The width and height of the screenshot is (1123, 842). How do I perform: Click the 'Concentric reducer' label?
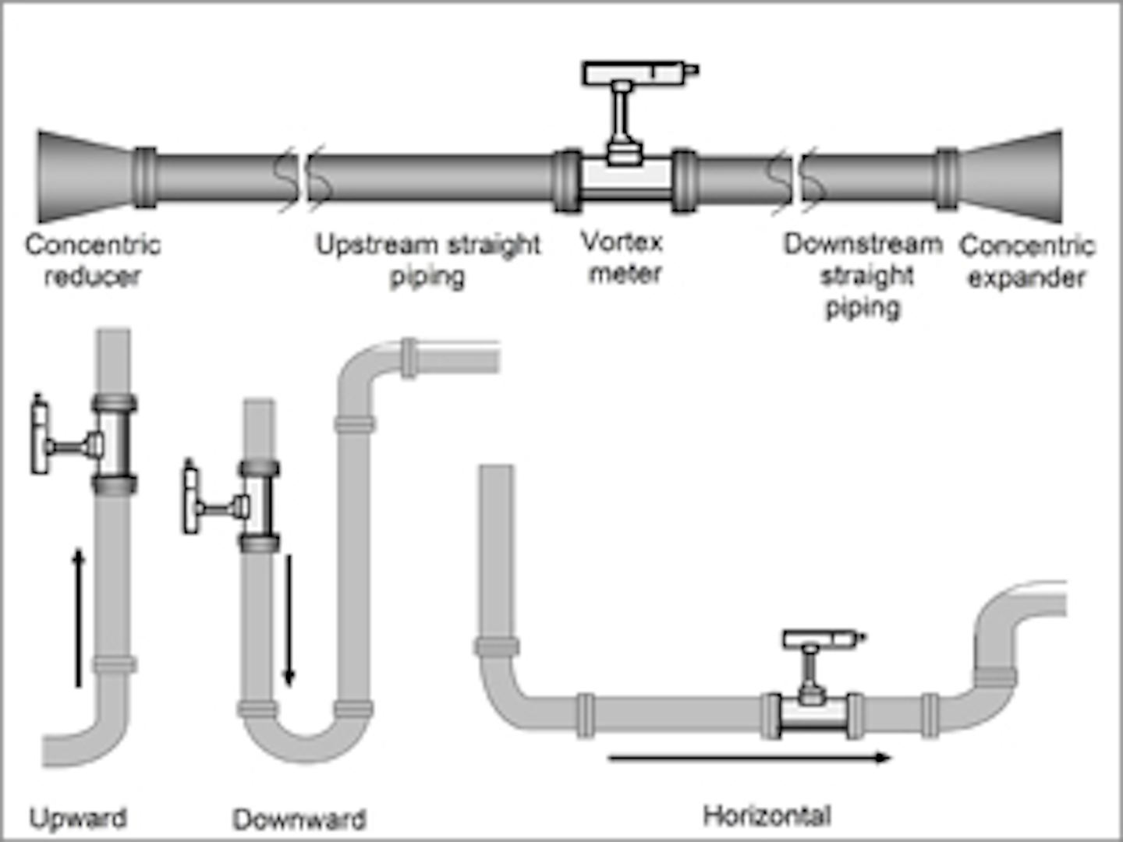tap(93, 260)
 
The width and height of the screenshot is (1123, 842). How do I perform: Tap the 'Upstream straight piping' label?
tap(427, 260)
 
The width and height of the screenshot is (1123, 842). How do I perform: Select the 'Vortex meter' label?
tap(623, 257)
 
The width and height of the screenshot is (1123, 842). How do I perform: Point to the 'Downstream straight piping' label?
tap(863, 274)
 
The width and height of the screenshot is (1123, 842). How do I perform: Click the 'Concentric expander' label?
tap(1027, 261)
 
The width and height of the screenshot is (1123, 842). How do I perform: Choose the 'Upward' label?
tap(78, 818)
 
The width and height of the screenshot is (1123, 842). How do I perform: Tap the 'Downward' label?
tap(299, 819)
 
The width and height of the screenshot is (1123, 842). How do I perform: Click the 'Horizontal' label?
tap(767, 815)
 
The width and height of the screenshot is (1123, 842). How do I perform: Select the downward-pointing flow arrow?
tap(289, 620)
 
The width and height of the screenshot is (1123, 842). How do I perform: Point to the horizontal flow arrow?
tap(749, 757)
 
